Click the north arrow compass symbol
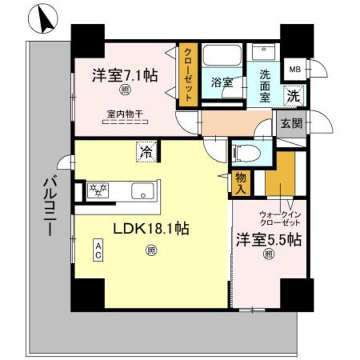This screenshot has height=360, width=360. [43, 19]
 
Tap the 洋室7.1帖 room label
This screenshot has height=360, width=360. [125, 76]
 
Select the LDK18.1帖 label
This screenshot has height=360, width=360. [151, 228]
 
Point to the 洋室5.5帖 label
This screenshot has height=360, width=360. [269, 240]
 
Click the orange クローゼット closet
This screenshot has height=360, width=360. [188, 75]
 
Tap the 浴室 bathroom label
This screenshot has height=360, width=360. [222, 82]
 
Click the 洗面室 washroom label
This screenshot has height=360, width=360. [265, 85]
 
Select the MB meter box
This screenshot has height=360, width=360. [295, 69]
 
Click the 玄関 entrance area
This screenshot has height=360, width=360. [291, 124]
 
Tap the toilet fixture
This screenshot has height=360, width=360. [246, 153]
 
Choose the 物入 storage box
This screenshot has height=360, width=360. [241, 183]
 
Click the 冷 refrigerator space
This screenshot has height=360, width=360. [147, 152]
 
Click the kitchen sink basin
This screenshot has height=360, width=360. [142, 191]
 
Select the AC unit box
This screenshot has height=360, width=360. [98, 250]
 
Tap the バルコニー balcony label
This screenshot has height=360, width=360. [50, 207]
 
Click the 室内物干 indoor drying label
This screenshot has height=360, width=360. [125, 114]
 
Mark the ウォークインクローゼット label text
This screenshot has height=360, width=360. [280, 219]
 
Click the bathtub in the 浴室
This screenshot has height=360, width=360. [222, 55]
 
